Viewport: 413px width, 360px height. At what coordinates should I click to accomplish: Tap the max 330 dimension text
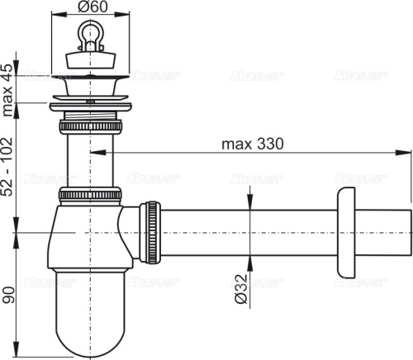tap(252, 143)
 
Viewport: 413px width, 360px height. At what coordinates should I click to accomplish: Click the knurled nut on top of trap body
tap(90, 196)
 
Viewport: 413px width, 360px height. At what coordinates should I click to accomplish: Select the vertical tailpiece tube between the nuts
tap(90, 161)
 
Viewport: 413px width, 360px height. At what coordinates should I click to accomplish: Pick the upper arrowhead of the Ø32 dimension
tap(248, 206)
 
